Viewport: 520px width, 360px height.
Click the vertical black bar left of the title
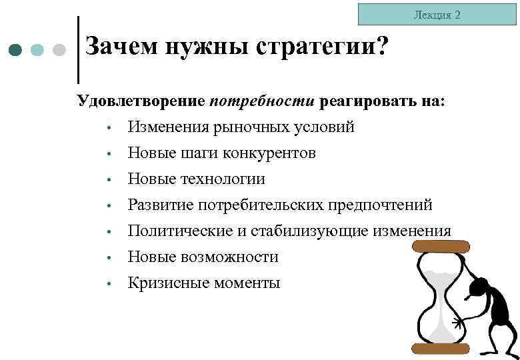coord(79,50)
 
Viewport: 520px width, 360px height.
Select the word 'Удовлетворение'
coord(141,101)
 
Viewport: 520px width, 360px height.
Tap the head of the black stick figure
coord(478,289)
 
